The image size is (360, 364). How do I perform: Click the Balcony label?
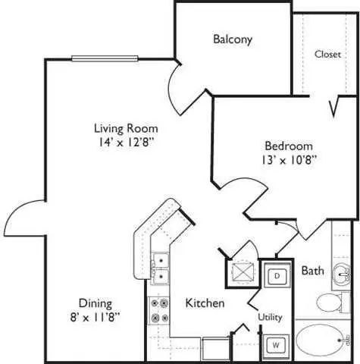233,39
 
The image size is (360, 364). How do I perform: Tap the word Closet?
327,54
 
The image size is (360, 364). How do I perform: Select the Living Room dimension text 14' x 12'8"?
126,142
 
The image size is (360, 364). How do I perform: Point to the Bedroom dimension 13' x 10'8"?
289,160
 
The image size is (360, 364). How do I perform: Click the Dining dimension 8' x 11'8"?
95,317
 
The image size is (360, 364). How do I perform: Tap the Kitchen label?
205,303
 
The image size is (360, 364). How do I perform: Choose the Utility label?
270,317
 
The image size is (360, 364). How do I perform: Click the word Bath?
313,271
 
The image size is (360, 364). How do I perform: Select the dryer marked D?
277,275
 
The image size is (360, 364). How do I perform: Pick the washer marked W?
276,345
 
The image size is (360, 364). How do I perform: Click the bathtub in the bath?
321,340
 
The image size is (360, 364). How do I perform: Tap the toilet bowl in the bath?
328,303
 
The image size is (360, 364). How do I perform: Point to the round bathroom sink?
341,275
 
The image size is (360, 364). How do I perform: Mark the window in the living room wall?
105,58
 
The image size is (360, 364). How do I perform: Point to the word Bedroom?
289,146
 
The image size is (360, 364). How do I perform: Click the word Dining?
95,303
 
